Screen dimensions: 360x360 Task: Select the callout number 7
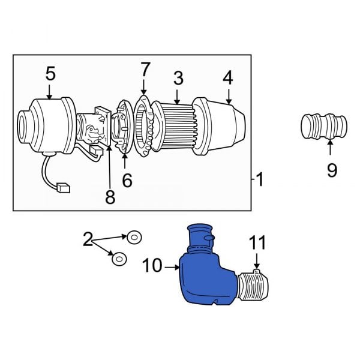coord(144,70)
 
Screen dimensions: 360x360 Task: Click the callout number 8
coord(110,197)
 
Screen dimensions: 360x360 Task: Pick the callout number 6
coord(127,179)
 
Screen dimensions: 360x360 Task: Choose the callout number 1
coord(259,179)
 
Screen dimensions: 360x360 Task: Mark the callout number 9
coord(332,170)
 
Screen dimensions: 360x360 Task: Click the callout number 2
coord(88,241)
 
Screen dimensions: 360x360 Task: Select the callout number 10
coord(153,265)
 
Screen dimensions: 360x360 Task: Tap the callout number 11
coord(257,243)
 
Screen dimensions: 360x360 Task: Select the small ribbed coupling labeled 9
coord(323,128)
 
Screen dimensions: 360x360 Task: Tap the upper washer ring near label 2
coord(134,237)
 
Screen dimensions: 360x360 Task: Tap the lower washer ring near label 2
coord(119,259)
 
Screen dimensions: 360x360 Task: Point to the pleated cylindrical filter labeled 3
coord(178,124)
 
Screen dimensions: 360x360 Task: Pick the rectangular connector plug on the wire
coord(63,188)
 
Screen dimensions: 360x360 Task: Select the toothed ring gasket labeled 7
coord(143,124)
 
